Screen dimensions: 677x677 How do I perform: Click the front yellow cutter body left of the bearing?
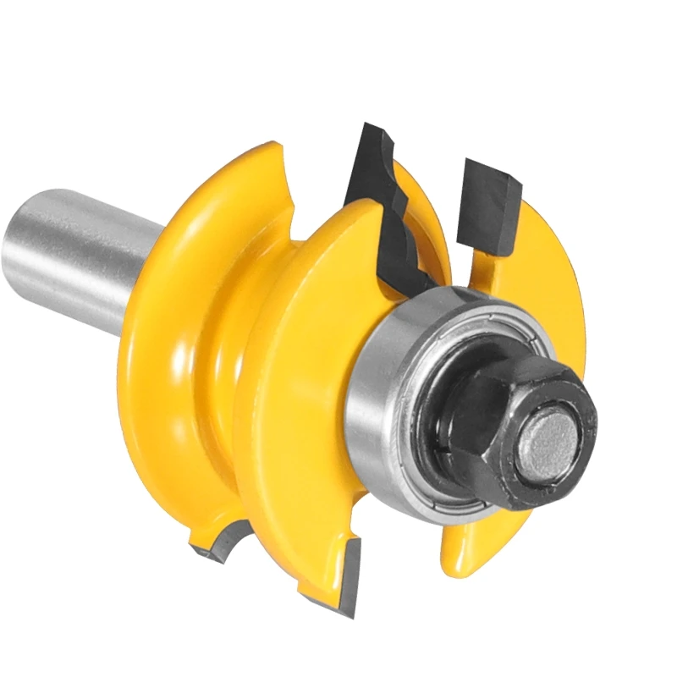pos(296,381)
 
